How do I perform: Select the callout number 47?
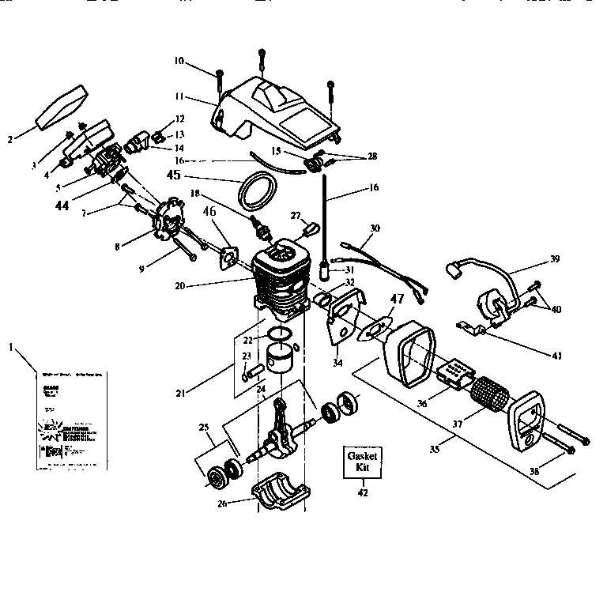tap(396, 300)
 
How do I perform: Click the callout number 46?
tap(209, 211)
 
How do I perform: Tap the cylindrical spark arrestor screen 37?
tap(488, 392)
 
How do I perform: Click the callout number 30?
tap(375, 228)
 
